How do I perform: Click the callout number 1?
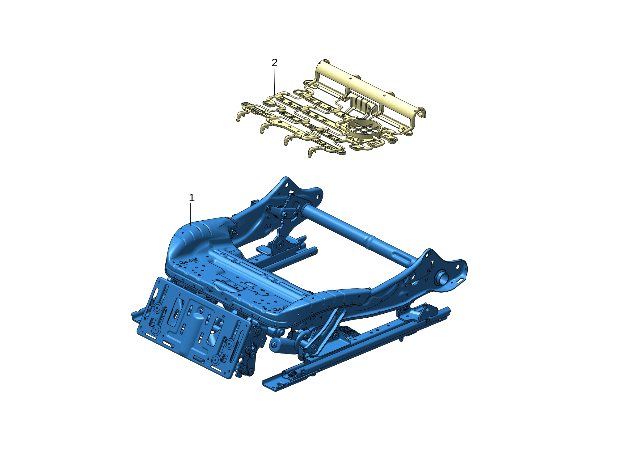[192, 198]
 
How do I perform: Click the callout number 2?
[274, 63]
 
